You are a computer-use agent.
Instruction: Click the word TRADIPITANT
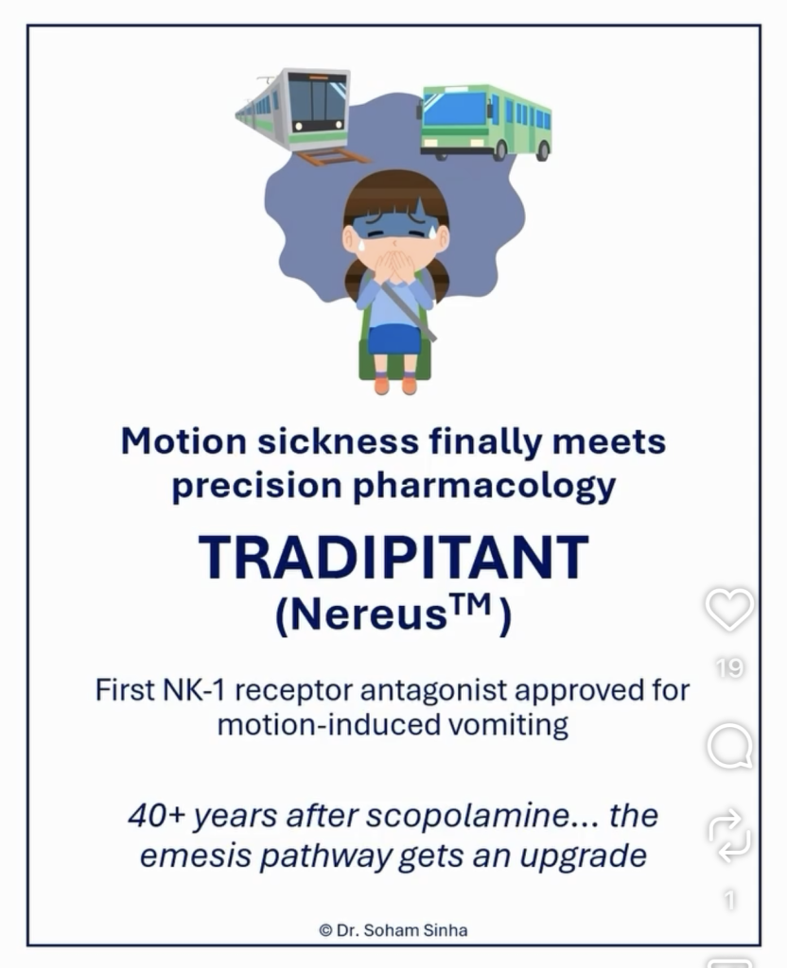coord(393,558)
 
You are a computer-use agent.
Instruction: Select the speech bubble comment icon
coord(729,747)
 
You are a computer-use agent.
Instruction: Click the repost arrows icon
coord(729,836)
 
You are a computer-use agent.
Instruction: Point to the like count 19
coord(729,667)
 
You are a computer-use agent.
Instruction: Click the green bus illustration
coord(485,122)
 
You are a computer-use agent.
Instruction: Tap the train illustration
coord(294,112)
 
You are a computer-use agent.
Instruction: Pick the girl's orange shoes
coord(395,385)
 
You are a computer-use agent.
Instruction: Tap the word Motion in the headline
coord(184,442)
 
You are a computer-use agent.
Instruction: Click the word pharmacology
coord(484,488)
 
